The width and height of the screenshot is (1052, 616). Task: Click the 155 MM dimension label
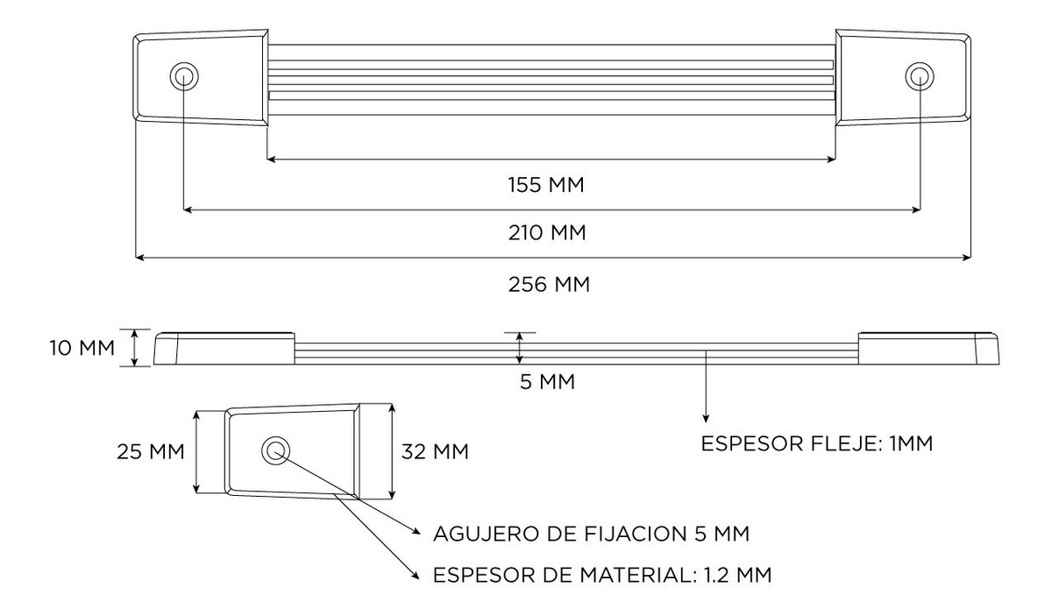[546, 185]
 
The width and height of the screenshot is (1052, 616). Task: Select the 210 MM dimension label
[547, 233]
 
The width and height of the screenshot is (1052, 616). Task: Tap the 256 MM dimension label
[549, 285]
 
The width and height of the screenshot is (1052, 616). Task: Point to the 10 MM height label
[82, 349]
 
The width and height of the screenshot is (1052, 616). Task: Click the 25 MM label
[150, 451]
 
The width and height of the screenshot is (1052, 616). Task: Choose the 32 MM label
[435, 451]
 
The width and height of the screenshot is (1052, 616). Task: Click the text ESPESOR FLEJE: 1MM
[817, 443]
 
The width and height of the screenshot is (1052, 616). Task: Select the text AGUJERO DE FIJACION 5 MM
[591, 534]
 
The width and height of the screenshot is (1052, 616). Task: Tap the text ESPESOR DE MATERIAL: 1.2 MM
[602, 575]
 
